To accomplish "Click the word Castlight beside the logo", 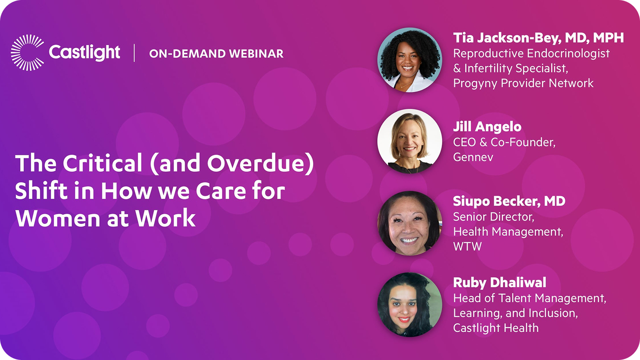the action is (x=84, y=53).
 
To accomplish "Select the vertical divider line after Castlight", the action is (x=134, y=53).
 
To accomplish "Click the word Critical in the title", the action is (x=102, y=163).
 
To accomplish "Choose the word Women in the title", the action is (x=58, y=218).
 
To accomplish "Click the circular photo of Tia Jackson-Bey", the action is (x=410, y=60).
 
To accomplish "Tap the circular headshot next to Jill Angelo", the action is (x=410, y=141).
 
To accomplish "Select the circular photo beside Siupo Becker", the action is (x=410, y=223).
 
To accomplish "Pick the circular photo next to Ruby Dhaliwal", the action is (x=410, y=305).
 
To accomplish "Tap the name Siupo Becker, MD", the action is (x=509, y=201).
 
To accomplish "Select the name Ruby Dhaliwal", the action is (x=499, y=283).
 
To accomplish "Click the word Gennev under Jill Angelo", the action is (x=473, y=157).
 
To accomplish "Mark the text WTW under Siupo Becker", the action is (x=467, y=246).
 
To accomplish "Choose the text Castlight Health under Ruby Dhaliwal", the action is (x=496, y=328).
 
